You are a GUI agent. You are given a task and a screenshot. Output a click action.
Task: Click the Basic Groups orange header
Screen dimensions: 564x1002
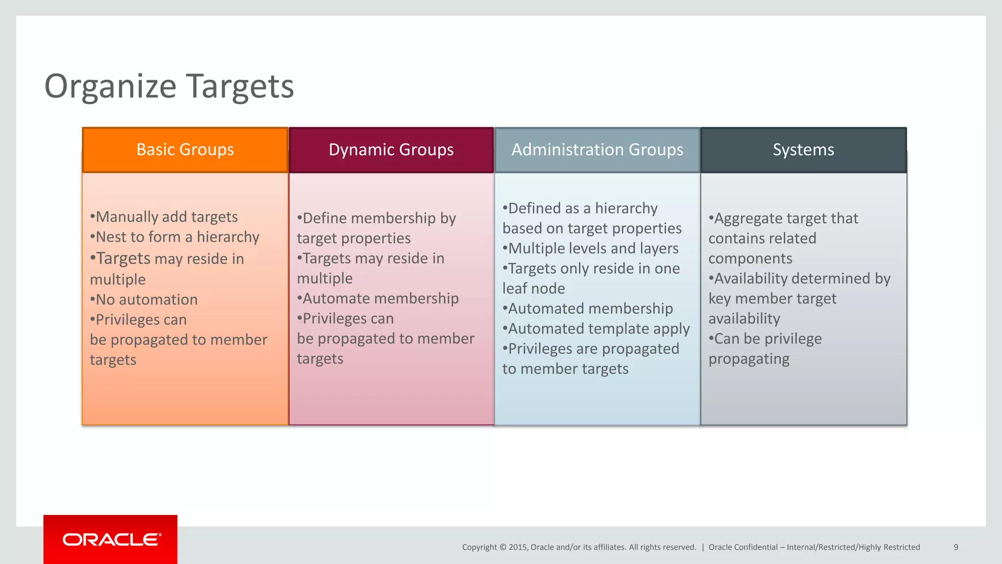pyautogui.click(x=185, y=150)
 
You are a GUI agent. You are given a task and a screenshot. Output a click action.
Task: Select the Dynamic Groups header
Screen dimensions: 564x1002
pyautogui.click(x=391, y=150)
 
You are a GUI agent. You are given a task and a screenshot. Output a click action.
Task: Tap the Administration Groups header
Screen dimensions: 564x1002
pyautogui.click(x=597, y=150)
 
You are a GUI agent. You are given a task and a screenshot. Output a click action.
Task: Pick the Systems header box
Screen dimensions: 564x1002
pyautogui.click(x=803, y=150)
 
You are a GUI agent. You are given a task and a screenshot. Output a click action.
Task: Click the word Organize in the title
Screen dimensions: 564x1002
pyautogui.click(x=110, y=87)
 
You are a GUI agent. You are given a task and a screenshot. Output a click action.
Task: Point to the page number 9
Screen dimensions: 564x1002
pyautogui.click(x=956, y=547)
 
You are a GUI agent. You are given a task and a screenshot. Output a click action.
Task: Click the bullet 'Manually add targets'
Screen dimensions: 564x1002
pyautogui.click(x=164, y=217)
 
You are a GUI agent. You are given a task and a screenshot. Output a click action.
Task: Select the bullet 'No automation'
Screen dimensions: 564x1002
pyautogui.click(x=145, y=300)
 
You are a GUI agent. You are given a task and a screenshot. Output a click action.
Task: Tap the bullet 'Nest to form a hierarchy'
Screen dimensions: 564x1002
pyautogui.click(x=175, y=237)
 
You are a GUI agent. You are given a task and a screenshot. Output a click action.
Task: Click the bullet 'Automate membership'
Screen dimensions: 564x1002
pyautogui.click(x=378, y=299)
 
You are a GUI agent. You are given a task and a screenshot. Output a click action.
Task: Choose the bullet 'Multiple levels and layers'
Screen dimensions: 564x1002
pyautogui.click(x=591, y=249)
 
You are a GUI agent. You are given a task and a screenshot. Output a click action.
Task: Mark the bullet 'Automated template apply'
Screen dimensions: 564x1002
pyautogui.click(x=596, y=329)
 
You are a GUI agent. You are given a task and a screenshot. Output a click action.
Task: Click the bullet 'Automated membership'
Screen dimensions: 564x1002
pyautogui.click(x=588, y=309)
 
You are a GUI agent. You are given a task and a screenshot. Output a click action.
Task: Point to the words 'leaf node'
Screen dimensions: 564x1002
pyautogui.click(x=533, y=289)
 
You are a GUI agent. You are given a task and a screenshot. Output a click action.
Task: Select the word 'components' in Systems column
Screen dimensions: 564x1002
pyautogui.click(x=750, y=258)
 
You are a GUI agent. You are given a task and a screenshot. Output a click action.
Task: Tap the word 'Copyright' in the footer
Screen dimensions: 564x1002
pyautogui.click(x=479, y=547)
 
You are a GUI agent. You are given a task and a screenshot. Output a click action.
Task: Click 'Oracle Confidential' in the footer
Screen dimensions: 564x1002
pyautogui.click(x=743, y=547)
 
